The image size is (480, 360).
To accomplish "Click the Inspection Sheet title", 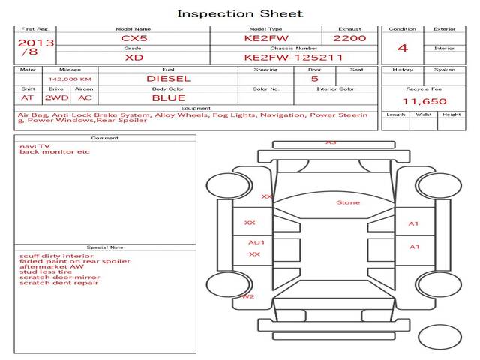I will coord(240,13).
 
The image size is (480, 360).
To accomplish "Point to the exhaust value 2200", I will coord(349,37).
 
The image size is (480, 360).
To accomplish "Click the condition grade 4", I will coord(403,48).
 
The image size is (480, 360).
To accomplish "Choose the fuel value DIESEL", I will coord(168,78).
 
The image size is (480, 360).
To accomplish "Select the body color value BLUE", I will coord(168,97).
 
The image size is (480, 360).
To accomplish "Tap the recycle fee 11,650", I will coord(424,101).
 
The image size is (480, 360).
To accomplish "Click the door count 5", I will coord(314,78).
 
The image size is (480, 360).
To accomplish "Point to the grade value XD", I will coord(133,57).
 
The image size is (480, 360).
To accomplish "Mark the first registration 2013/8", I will coord(35,47).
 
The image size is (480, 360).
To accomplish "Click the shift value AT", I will coord(27,97).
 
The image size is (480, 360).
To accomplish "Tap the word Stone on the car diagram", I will coord(348,202).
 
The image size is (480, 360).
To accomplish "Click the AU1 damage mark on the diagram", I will coord(256,242).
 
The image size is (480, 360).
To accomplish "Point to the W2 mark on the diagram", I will coord(247,297).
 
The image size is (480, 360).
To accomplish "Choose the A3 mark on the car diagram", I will coord(331,142).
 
